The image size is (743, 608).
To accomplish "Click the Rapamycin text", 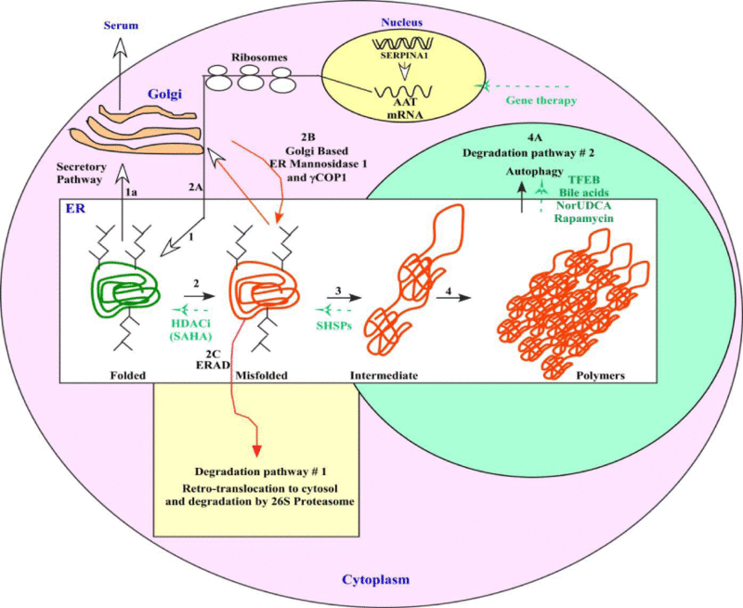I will pyautogui.click(x=590, y=219).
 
